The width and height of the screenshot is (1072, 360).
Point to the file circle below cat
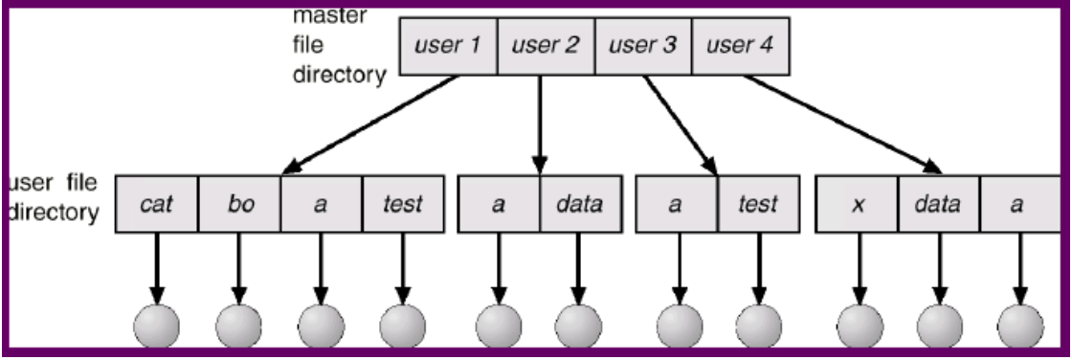pos(156,328)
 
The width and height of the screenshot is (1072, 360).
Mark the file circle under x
pos(858,328)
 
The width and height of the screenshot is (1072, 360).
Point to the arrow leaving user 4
pos(842,124)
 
